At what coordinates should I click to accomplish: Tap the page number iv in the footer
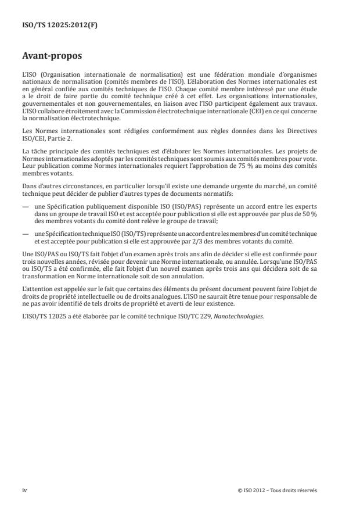(x=25, y=489)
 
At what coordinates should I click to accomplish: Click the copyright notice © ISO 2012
(x=253, y=489)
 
